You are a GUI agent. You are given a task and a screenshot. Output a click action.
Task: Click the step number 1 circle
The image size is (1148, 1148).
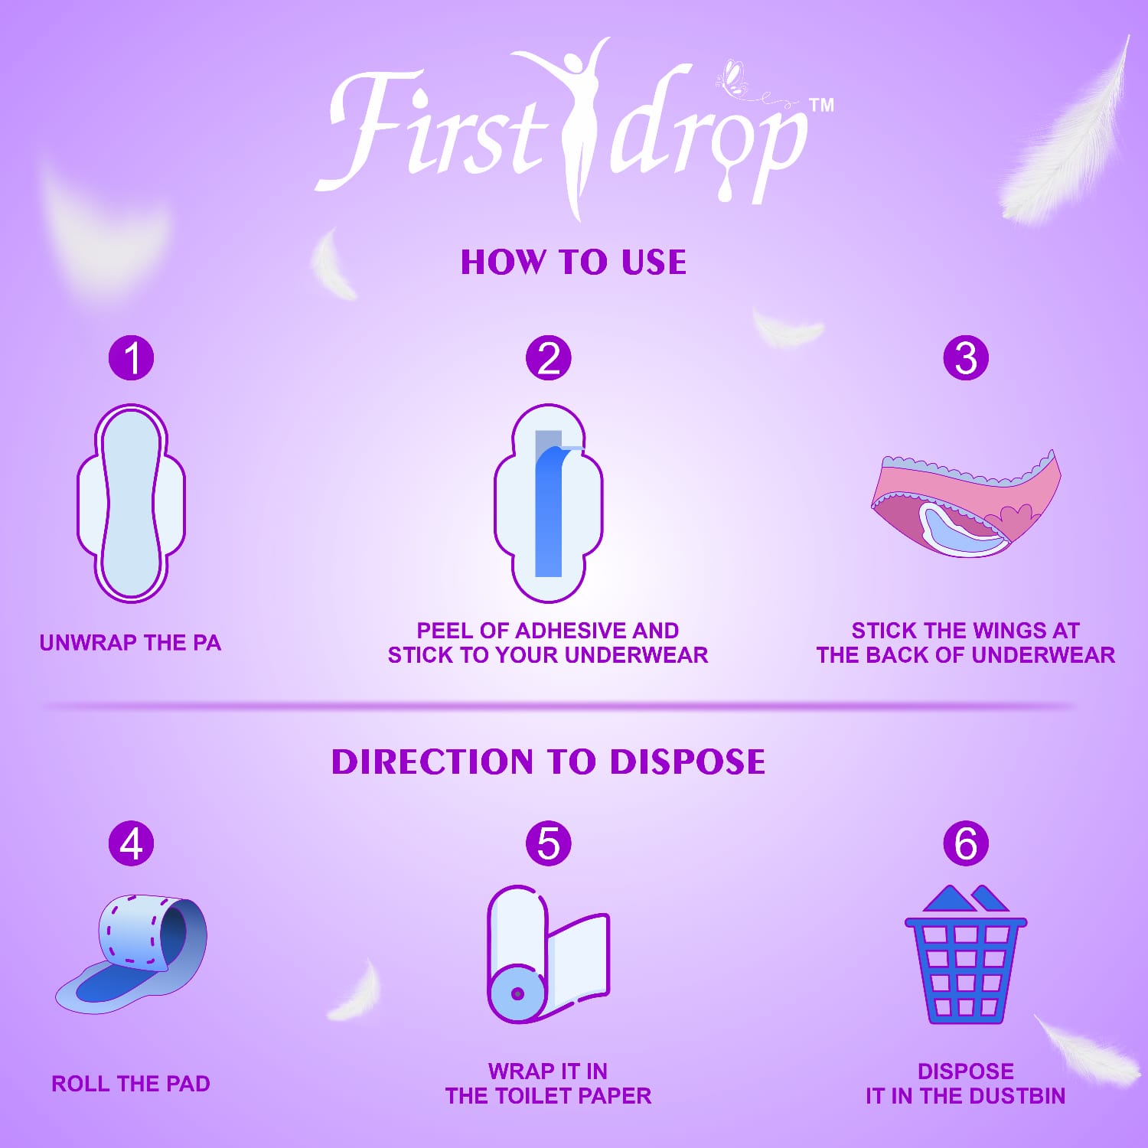point(131,357)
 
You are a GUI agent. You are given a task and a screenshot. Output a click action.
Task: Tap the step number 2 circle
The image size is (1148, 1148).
point(549,357)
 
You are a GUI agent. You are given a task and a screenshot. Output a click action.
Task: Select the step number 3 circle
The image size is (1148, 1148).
point(966,357)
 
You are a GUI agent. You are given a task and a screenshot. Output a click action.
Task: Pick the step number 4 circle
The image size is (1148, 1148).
point(131,843)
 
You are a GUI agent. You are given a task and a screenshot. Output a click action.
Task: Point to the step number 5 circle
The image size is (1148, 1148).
point(549,843)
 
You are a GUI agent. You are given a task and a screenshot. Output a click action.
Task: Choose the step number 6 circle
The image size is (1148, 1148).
point(966,843)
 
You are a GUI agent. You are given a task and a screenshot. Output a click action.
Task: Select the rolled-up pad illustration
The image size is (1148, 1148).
point(131,953)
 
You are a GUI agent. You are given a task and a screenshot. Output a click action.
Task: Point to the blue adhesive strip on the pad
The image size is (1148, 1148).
point(551,509)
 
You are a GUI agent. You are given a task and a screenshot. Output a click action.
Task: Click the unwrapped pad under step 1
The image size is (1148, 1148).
point(131,503)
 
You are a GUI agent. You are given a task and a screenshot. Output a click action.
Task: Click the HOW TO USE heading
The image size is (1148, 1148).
point(573,262)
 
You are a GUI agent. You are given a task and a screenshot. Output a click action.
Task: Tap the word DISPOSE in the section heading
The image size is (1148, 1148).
point(687,762)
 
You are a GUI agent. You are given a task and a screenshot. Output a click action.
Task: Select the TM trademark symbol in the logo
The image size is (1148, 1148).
point(821,105)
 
